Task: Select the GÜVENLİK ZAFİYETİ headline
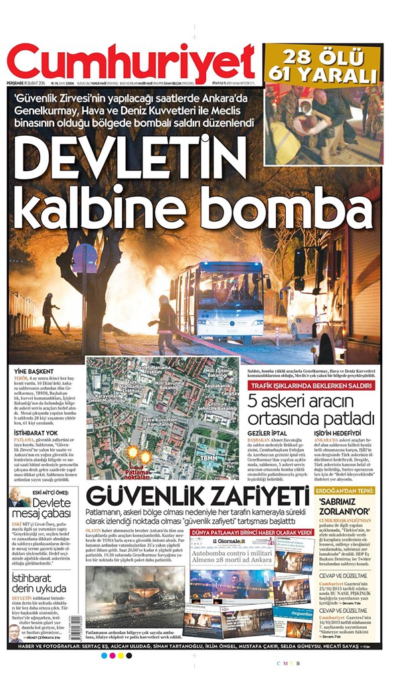pyautogui.click(x=197, y=496)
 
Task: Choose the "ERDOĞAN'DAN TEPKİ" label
pyautogui.click(x=346, y=490)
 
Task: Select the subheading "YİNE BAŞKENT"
pyautogui.click(x=31, y=370)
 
